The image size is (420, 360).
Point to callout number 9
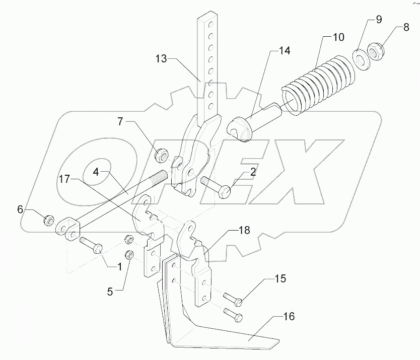378,20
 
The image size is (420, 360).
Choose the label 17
65,178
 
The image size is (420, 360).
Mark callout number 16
289,317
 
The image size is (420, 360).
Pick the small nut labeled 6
49,220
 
